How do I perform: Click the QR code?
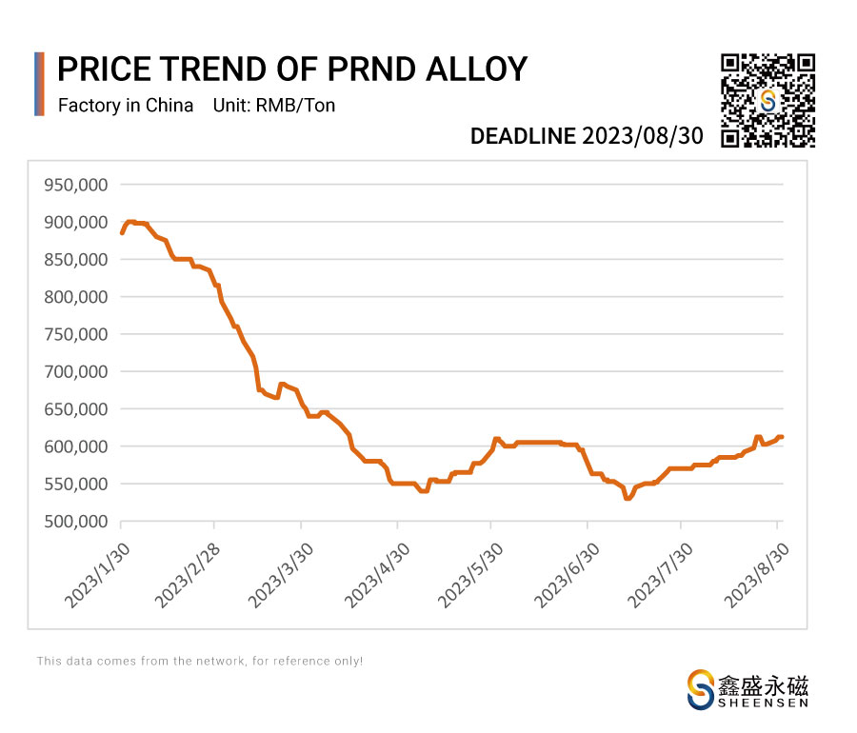767,101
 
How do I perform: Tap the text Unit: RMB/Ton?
275,106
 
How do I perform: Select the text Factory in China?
126,106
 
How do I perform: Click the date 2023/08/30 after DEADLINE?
643,136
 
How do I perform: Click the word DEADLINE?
523,136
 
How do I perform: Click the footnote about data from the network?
200,661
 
